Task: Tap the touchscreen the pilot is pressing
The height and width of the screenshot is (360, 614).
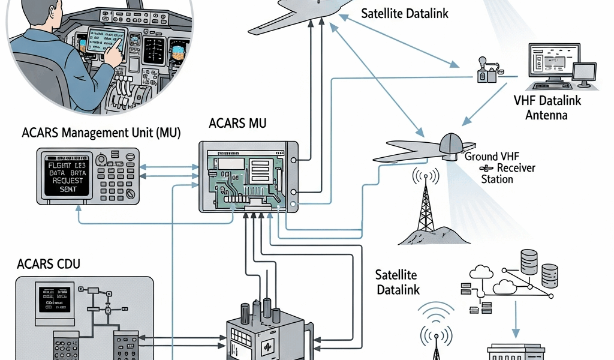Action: [106, 41]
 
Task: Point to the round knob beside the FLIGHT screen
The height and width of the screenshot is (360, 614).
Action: [103, 160]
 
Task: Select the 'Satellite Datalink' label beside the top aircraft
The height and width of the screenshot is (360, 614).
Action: [405, 13]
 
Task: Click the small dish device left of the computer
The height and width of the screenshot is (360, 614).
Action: [484, 70]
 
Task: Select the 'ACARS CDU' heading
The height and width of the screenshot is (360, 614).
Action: [49, 264]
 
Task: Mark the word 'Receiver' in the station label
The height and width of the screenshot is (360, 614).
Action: [516, 167]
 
